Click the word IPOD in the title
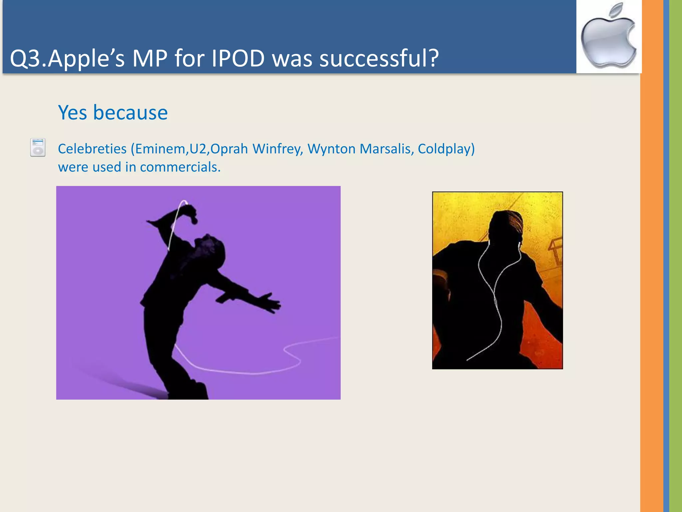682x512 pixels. point(238,59)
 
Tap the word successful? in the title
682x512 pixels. point(379,59)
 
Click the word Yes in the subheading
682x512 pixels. point(72,112)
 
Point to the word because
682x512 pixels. point(130,112)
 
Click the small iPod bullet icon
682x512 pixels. point(38,147)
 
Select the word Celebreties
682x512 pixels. point(92,149)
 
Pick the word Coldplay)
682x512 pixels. point(446,149)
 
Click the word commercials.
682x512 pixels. point(180,167)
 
